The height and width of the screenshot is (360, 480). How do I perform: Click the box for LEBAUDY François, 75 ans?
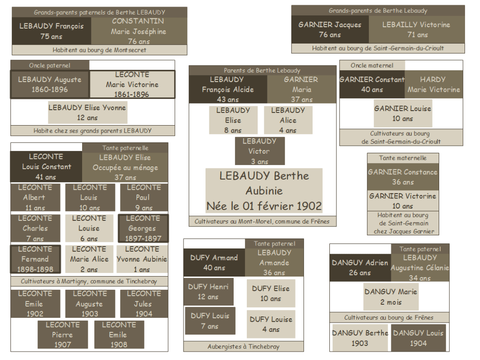pos(52,31)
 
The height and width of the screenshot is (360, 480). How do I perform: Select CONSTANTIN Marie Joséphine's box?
pos(139,31)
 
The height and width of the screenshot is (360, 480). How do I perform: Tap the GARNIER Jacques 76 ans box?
pos(330,30)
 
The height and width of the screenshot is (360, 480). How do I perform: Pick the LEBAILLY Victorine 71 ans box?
pos(417,30)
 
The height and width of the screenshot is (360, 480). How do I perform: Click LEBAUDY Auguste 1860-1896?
pos(50,84)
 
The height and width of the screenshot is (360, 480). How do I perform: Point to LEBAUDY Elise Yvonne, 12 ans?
pos(87,112)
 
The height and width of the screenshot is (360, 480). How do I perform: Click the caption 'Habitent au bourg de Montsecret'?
pos(99,50)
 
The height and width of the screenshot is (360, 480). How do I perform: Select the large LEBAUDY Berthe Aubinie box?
pos(264,191)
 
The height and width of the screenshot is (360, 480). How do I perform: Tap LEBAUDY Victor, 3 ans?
pos(259,151)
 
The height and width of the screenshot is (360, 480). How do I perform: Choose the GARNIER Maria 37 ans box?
pos(302,89)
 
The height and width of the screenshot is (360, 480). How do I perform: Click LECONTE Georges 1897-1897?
pos(143,228)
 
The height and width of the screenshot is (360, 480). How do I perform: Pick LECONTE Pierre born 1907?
pos(62,334)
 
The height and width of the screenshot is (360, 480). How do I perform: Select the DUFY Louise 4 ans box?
pos(271,324)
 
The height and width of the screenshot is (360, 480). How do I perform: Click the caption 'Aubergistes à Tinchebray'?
pos(244,347)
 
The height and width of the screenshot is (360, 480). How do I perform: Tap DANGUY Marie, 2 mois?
pos(391,297)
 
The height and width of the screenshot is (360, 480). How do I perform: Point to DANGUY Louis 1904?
pos(418,337)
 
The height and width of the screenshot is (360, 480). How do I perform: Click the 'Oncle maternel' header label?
pos(372,65)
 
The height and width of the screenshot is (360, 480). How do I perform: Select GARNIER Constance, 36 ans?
pos(403,177)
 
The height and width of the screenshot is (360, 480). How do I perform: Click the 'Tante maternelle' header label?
pos(403,158)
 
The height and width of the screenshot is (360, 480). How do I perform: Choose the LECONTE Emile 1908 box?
pos(119,334)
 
